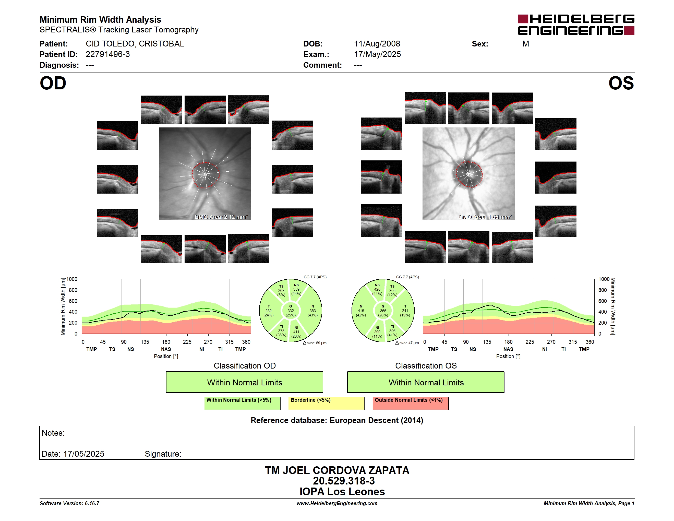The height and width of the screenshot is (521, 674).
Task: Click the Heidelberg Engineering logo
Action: pos(576,25)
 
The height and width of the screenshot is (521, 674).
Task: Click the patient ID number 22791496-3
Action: pos(108,54)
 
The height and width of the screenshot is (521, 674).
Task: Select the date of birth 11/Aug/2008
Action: pos(377,44)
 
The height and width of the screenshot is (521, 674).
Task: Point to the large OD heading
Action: pos(53,83)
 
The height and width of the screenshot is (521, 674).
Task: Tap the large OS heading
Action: pos(621,83)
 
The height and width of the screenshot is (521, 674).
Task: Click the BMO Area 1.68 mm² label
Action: pos(485,217)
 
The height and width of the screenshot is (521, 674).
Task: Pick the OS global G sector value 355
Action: pos(383,311)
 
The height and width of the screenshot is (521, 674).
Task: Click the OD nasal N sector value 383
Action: pos(313,311)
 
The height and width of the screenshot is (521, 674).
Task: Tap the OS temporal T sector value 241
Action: pos(405,311)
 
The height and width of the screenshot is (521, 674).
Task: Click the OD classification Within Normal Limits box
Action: pos(244,382)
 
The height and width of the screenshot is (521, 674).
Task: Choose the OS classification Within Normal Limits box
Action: pos(426,382)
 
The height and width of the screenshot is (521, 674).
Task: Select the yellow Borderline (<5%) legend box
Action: pos(327,403)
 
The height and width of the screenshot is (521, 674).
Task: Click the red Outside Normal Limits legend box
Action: pos(411,403)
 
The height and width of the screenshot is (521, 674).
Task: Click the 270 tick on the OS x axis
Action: pos(551,342)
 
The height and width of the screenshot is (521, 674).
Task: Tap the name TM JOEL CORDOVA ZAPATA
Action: pos(337,470)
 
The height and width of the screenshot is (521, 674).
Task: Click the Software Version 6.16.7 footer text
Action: pos(69,503)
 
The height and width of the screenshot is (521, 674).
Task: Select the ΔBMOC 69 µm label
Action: pos(315,343)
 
